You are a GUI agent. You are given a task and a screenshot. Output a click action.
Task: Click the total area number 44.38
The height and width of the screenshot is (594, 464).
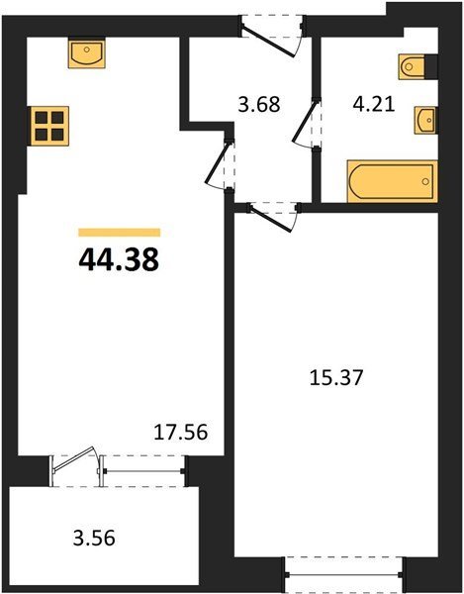click(119, 260)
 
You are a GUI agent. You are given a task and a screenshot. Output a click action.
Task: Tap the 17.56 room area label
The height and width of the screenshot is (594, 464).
click(181, 433)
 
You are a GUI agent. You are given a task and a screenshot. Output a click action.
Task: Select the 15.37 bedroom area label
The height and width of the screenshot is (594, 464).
click(336, 378)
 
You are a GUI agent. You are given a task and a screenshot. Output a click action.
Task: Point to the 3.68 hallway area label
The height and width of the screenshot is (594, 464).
click(259, 104)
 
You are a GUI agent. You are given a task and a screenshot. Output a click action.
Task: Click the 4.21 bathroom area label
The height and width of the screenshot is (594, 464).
click(374, 104)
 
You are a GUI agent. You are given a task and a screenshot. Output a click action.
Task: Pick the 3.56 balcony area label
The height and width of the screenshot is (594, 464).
click(94, 538)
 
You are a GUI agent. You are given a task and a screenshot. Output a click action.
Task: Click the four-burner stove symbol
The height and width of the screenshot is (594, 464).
click(49, 126)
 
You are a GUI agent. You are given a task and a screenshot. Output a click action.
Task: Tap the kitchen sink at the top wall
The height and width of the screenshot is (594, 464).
click(87, 52)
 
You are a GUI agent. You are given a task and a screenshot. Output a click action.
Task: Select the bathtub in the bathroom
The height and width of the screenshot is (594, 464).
click(393, 181)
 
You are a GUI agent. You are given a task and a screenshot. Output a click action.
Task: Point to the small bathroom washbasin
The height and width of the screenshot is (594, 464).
click(426, 121)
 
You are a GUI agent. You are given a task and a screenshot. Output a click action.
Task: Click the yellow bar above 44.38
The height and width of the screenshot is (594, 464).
click(120, 233)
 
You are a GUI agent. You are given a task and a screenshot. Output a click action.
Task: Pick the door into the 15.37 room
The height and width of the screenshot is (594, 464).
click(273, 219)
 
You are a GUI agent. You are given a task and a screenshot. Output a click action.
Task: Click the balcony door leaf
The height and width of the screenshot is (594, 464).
click(74, 459)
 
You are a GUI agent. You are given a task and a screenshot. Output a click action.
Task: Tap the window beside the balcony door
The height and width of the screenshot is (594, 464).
click(143, 471)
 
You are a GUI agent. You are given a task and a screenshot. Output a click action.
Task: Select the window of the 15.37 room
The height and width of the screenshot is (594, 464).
click(344, 574)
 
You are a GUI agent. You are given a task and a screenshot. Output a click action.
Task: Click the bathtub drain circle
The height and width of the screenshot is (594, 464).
click(425, 181)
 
